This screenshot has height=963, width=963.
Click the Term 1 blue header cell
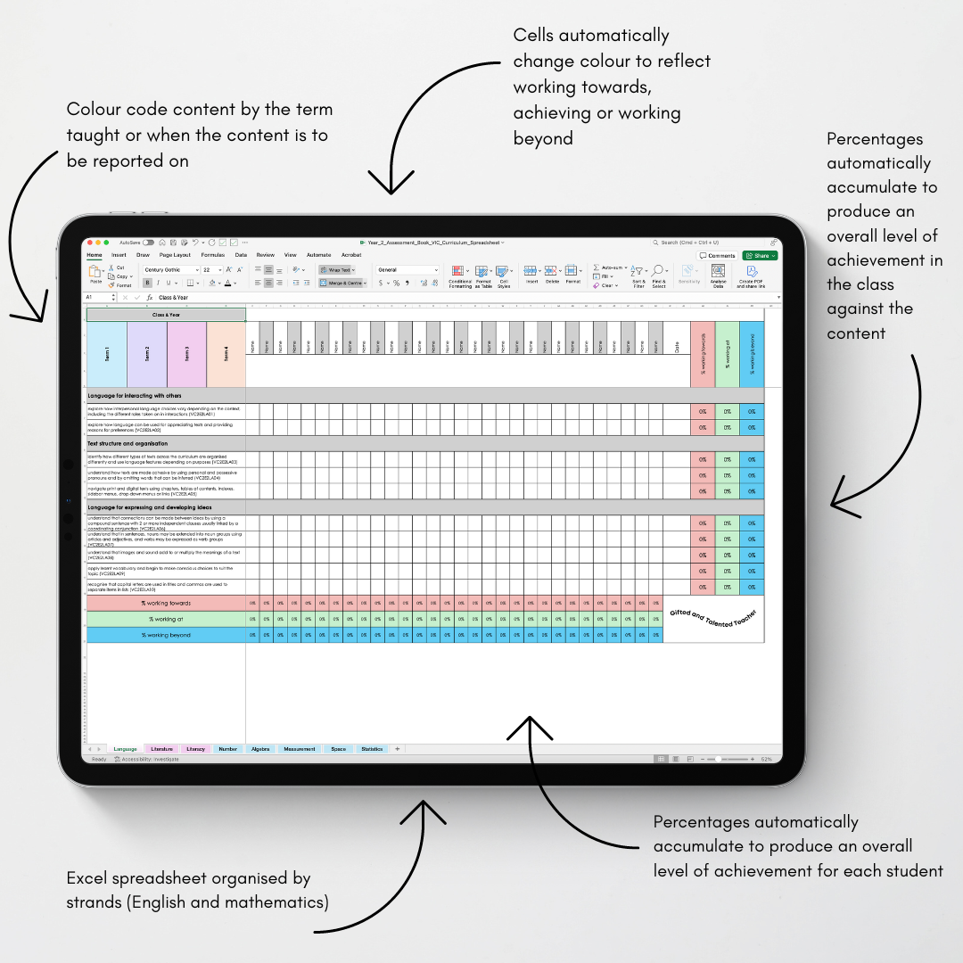107,354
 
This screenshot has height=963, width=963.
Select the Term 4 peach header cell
226,354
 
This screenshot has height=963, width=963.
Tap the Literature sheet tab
161,749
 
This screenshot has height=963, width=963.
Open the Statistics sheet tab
372,749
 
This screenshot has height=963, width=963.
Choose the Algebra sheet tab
260,749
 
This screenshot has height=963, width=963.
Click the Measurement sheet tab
300,749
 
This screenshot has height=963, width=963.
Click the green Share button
760,255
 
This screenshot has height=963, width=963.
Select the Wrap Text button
337,269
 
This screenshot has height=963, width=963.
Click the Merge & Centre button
342,283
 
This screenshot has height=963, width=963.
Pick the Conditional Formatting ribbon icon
460,276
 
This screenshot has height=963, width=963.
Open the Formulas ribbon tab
212,255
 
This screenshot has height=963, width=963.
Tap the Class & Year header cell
166,314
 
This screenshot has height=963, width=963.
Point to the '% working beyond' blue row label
166,635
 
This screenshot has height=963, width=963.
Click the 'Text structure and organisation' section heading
128,443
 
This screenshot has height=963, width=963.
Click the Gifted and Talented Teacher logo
713,619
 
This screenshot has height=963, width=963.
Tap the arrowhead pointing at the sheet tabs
422,807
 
